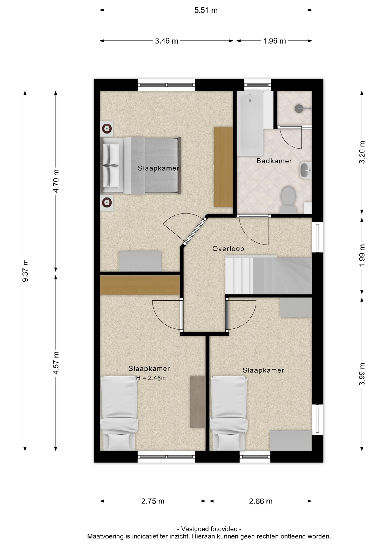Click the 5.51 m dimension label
pyautogui.click(x=206, y=10)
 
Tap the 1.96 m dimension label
pyautogui.click(x=274, y=41)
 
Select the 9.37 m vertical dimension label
pyautogui.click(x=25, y=271)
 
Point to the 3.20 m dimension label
pyautogui.click(x=362, y=152)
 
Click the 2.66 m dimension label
pyautogui.click(x=260, y=501)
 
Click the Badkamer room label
pyautogui.click(x=274, y=161)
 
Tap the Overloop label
pyautogui.click(x=228, y=249)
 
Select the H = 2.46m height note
pyautogui.click(x=151, y=378)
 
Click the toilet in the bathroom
pyautogui.click(x=288, y=199)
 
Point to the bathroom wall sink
pyautogui.click(x=305, y=170)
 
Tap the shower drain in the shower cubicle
pyautogui.click(x=298, y=109)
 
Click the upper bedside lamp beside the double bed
pyautogui.click(x=107, y=129)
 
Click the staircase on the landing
pyautogui.click(x=268, y=275)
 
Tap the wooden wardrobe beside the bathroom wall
pyautogui.click(x=223, y=167)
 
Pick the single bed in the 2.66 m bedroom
pyautogui.click(x=229, y=413)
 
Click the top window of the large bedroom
pyautogui.click(x=166, y=85)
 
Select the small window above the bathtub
pyautogui.click(x=257, y=85)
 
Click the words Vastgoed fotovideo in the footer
pyautogui.click(x=209, y=529)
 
